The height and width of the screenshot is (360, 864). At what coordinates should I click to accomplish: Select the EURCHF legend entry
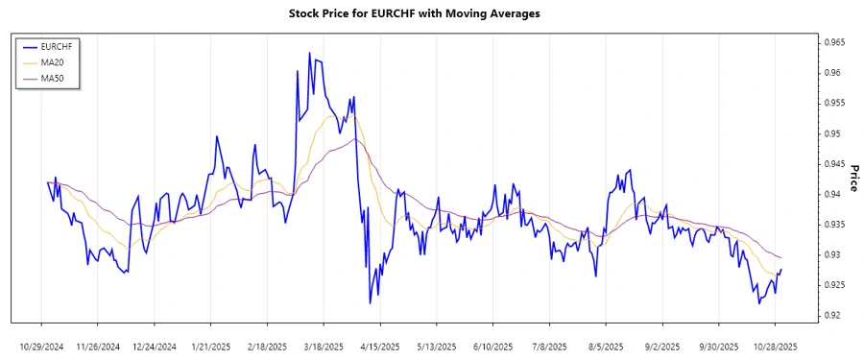click(x=58, y=45)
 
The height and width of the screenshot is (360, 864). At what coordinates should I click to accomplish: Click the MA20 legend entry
click(x=53, y=61)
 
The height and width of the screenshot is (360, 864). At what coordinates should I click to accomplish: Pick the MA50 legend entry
click(x=53, y=78)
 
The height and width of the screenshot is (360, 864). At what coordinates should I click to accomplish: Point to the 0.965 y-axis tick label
click(x=830, y=42)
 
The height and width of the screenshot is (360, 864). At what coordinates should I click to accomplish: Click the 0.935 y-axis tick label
click(x=830, y=225)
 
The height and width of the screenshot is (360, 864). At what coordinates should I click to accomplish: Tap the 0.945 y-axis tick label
click(x=830, y=164)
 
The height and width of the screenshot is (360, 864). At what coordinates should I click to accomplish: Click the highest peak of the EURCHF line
click(x=309, y=53)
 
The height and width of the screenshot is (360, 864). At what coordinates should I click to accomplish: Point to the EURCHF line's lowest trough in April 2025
click(x=371, y=303)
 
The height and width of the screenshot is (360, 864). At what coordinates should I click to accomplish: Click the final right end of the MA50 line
click(x=781, y=257)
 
